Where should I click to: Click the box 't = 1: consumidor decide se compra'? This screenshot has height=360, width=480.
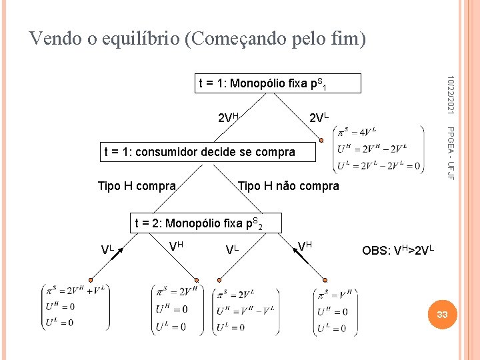[x=199, y=152]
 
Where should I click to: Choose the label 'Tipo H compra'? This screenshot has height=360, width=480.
[x=137, y=185]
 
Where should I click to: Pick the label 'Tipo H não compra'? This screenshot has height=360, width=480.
[x=289, y=185]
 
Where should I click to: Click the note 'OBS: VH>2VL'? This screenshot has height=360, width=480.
[x=397, y=251]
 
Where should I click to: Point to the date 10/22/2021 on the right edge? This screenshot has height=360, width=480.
[x=450, y=93]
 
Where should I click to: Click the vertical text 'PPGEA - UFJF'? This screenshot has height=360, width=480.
[x=450, y=152]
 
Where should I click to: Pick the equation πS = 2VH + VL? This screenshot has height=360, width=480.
[x=75, y=291]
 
